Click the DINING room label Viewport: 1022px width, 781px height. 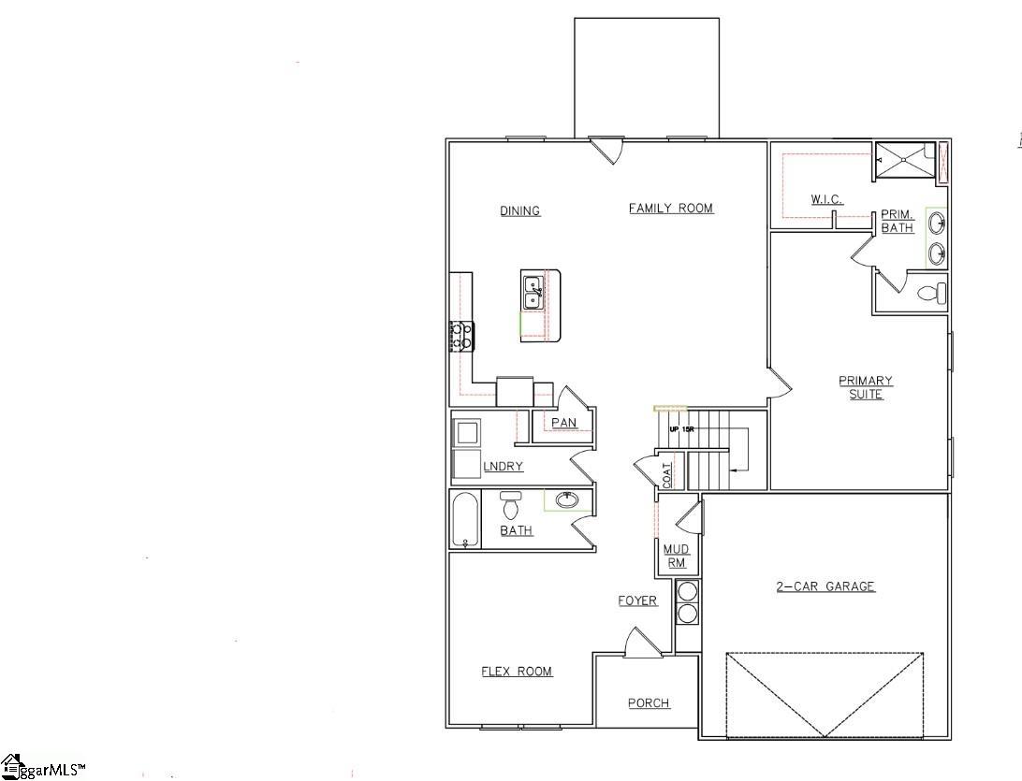pyautogui.click(x=519, y=211)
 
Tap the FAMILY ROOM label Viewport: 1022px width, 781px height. pyautogui.click(x=670, y=209)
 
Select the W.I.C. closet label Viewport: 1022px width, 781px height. pyautogui.click(x=826, y=200)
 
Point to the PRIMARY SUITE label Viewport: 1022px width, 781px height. pyautogui.click(x=866, y=387)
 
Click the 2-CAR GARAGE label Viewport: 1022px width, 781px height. pyautogui.click(x=825, y=586)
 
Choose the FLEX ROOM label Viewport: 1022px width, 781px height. pyautogui.click(x=517, y=672)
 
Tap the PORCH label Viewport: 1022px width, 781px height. pyautogui.click(x=649, y=703)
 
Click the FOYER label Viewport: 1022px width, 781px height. pyautogui.click(x=637, y=600)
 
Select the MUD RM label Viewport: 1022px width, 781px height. pyautogui.click(x=676, y=556)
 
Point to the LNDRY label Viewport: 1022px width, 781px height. pyautogui.click(x=503, y=467)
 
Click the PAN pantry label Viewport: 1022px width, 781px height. pyautogui.click(x=563, y=423)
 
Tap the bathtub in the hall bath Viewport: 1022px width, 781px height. pyautogui.click(x=465, y=520)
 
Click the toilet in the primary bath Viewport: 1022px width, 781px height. pyautogui.click(x=932, y=294)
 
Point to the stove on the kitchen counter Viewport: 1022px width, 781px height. pyautogui.click(x=461, y=336)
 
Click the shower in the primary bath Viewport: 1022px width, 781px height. pyautogui.click(x=905, y=159)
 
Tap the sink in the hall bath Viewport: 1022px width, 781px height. pyautogui.click(x=567, y=500)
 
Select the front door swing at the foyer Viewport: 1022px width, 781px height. pyautogui.click(x=644, y=644)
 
